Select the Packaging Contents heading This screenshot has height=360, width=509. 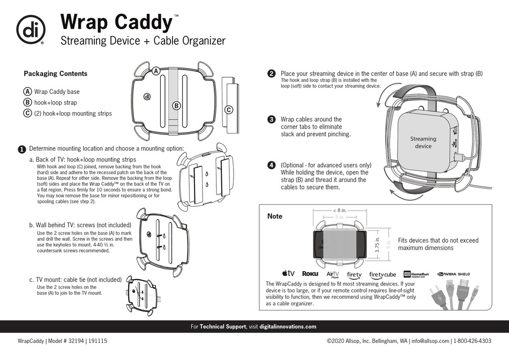pyautogui.click(x=56, y=74)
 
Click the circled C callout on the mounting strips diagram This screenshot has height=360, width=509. pyautogui.click(x=228, y=110)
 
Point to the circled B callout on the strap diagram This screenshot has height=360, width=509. pyautogui.click(x=176, y=106)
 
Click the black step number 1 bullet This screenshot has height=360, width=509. pyautogui.click(x=21, y=149)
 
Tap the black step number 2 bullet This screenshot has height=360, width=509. pyautogui.click(x=271, y=74)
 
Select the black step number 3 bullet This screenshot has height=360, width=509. pyautogui.click(x=271, y=119)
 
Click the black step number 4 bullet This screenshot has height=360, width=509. pyautogui.click(x=271, y=166)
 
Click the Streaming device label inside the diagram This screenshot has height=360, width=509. pyautogui.click(x=423, y=142)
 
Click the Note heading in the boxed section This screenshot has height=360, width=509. pyautogui.click(x=275, y=216)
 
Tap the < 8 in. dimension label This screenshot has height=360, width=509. pyautogui.click(x=339, y=210)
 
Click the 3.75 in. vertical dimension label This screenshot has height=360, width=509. pyautogui.click(x=377, y=244)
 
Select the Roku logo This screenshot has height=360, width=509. pyautogui.click(x=310, y=274)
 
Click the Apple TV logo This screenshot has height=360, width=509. pyautogui.click(x=288, y=274)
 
